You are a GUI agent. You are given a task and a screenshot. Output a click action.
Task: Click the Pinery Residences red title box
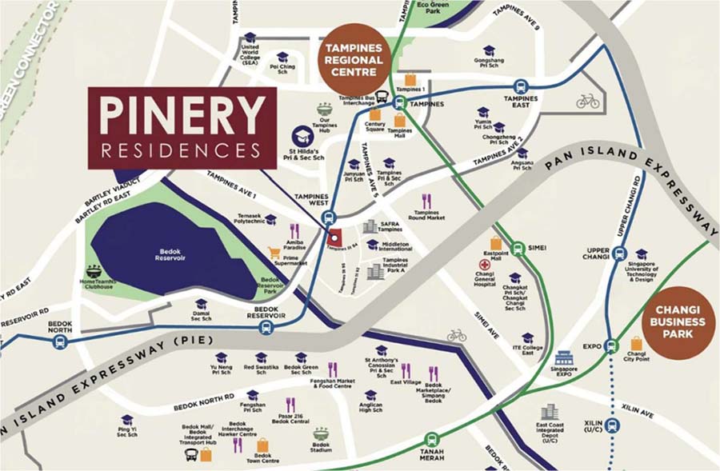click(x=182, y=128)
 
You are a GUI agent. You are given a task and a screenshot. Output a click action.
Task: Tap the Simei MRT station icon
click(x=518, y=247)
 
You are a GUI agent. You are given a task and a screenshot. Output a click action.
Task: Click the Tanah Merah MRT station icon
click(x=432, y=438)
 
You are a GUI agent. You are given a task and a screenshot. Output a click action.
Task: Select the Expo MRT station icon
click(x=612, y=346)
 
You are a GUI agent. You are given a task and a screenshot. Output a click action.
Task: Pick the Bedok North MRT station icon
click(x=59, y=341)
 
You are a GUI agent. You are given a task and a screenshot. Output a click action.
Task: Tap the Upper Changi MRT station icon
click(x=619, y=253)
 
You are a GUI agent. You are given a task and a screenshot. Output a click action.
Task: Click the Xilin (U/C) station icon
click(x=613, y=425)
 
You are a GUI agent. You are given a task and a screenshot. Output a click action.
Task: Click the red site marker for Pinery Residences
click(x=335, y=237)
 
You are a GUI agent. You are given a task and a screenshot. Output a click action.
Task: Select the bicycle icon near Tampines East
click(x=587, y=102)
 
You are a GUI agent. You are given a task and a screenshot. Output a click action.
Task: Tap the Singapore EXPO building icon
click(x=565, y=357)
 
